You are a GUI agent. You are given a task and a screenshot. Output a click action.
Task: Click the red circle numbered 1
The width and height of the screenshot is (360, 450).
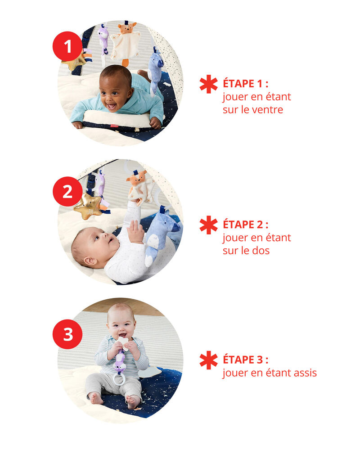[67, 46]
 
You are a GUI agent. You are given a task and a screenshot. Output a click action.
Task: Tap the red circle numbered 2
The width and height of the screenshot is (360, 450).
[67, 191]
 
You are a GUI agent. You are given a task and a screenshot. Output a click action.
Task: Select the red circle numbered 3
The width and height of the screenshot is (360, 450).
[67, 334]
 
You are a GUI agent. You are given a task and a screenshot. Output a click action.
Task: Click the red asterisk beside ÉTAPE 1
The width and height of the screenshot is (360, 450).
[209, 84]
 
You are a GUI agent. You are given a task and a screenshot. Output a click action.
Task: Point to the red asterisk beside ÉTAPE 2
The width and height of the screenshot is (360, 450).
[209, 225]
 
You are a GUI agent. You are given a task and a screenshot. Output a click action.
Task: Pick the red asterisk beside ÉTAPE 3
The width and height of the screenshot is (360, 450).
[209, 360]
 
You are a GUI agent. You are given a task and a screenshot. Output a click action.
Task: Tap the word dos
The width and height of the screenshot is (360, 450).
[261, 251]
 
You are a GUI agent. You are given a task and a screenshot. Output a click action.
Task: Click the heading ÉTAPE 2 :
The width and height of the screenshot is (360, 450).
[245, 225]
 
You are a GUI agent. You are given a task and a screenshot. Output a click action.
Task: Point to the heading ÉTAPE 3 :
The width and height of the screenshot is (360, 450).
[245, 360]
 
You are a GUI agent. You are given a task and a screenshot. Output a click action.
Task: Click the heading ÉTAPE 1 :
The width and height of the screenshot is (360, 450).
[245, 84]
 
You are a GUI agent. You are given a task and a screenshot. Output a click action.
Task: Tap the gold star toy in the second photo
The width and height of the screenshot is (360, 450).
[88, 206]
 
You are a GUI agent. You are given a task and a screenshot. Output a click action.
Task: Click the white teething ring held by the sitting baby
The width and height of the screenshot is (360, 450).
[118, 379]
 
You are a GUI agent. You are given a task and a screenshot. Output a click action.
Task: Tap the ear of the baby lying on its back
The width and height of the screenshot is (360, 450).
[90, 261]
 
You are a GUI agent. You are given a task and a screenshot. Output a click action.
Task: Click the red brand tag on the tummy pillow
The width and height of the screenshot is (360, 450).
[114, 126]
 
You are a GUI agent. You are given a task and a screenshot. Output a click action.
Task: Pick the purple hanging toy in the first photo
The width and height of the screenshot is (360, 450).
[103, 39]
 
